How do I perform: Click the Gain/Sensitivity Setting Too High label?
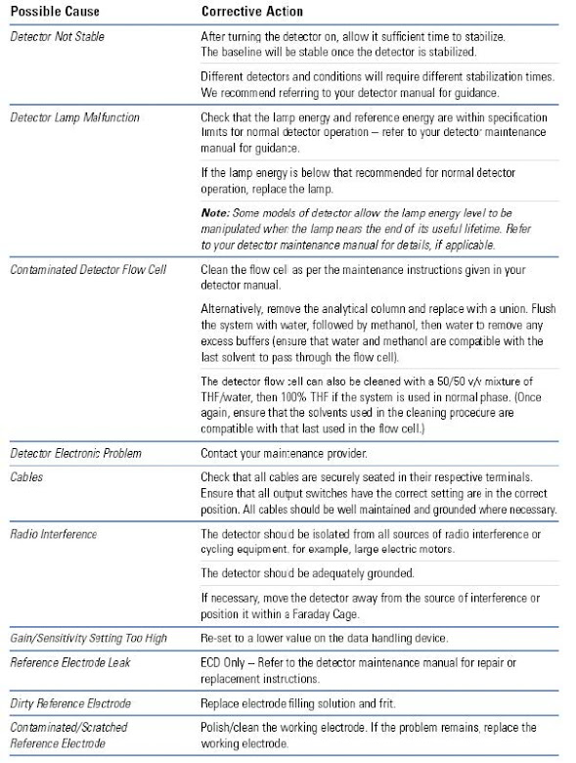89,639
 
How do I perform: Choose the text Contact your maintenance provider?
284,454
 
